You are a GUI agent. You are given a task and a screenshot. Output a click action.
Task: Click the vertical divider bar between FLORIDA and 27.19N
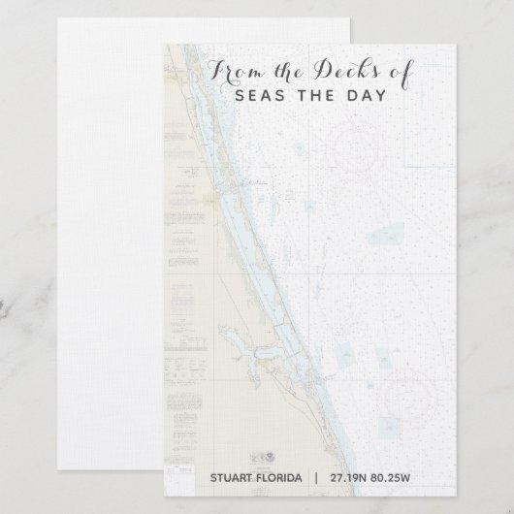[x=315, y=478]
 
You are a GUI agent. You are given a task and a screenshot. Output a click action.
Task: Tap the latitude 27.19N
[x=347, y=478]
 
